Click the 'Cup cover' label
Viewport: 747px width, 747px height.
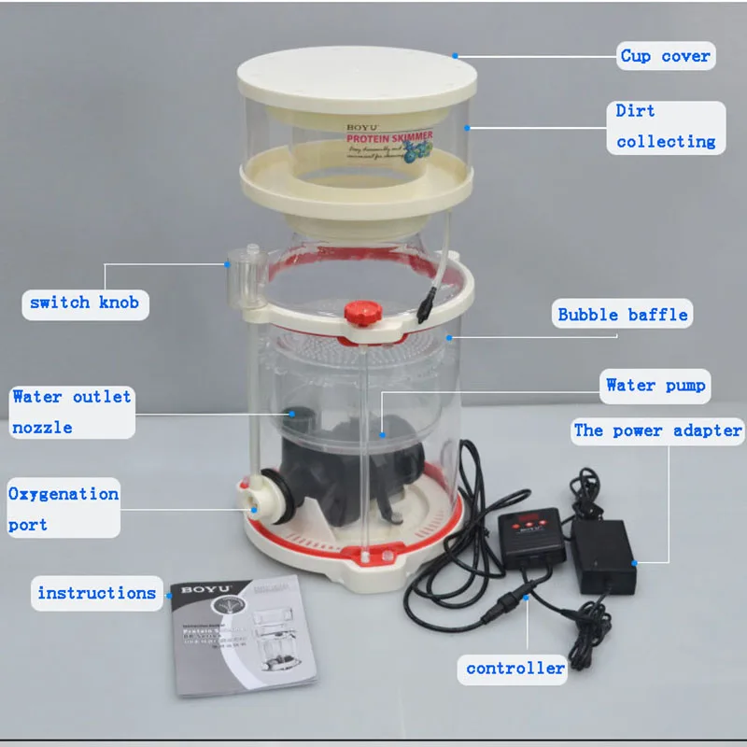click(665, 56)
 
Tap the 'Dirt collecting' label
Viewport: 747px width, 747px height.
click(666, 126)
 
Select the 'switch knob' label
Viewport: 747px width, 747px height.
click(84, 303)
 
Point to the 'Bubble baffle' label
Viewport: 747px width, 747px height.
click(623, 314)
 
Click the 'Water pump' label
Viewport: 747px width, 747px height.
click(655, 385)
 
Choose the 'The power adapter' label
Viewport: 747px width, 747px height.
click(657, 430)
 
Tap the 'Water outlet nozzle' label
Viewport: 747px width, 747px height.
click(71, 412)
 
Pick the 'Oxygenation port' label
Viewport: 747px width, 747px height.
click(63, 509)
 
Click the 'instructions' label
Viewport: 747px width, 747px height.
click(96, 593)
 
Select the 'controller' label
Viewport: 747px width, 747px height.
click(515, 668)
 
